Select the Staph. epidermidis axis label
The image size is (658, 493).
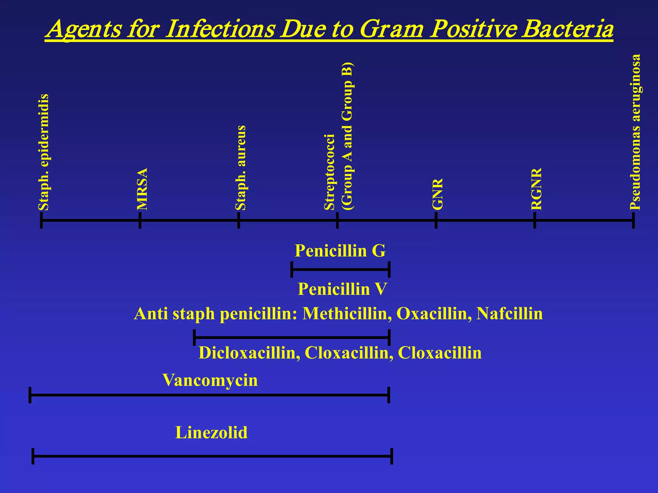43,152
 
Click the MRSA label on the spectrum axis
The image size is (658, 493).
142,189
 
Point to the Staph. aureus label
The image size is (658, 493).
241,168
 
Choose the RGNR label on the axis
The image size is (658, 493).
537,189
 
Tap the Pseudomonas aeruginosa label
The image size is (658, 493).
635,132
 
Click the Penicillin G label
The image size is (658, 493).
340,251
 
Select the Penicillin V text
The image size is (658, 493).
342,289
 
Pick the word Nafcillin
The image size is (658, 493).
510,314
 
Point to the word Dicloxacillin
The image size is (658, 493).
249,353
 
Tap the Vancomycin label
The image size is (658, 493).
210,380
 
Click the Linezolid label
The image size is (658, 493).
211,433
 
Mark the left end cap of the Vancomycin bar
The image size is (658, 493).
30,395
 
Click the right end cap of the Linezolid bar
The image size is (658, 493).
392,456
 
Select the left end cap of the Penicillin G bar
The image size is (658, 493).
291,270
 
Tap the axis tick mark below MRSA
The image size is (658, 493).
140,221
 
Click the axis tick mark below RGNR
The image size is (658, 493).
535,221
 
